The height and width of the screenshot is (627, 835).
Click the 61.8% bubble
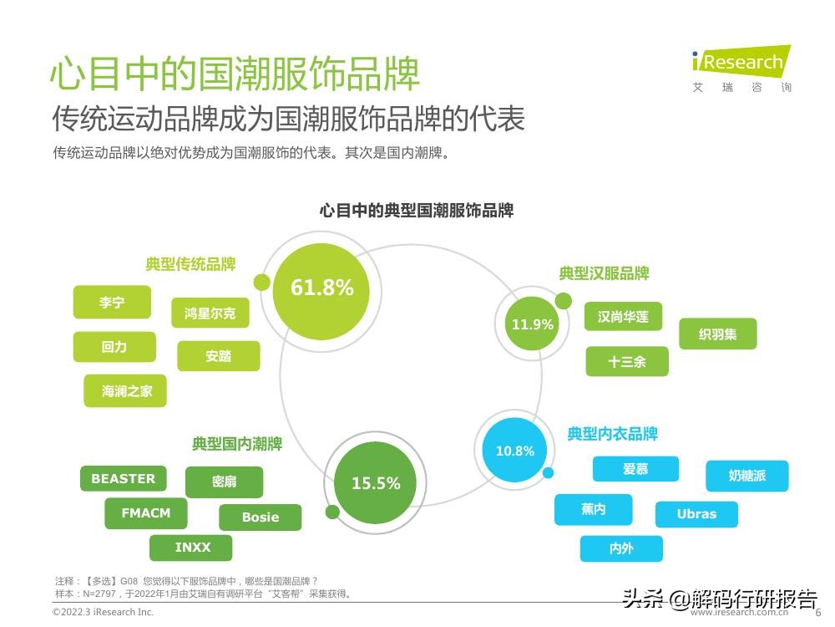pos(322,288)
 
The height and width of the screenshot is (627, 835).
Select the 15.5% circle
pos(375,483)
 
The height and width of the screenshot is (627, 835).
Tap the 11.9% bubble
pos(533,324)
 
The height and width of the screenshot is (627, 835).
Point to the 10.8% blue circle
pos(515,451)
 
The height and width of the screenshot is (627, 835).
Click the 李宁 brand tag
pos(112,303)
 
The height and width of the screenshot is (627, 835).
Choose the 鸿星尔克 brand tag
pos(210,313)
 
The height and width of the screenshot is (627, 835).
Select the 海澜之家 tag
pos(127,390)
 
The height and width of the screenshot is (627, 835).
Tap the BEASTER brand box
pos(123,479)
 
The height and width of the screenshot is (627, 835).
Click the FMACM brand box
pos(145,513)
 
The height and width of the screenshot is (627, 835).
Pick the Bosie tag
pos(261,517)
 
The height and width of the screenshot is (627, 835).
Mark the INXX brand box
pos(192,548)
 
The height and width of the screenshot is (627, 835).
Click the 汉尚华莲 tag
pos(623,317)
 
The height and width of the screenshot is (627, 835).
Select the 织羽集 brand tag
pos(717,334)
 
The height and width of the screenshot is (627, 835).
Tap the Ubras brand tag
pos(696,514)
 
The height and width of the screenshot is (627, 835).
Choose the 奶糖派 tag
pos(746,476)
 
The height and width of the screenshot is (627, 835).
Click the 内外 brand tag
pos(621,548)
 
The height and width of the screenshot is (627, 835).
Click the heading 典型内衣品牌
pos(612,434)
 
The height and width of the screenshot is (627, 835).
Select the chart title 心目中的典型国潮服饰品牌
pos(416,210)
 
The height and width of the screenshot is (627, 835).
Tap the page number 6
pos(818,612)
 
